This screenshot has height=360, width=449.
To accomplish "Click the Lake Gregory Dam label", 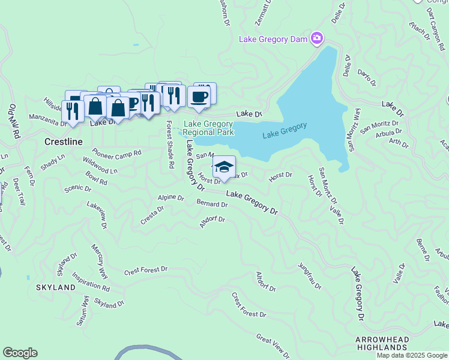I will [x=273, y=40].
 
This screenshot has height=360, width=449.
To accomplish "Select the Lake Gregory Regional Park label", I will [x=208, y=128].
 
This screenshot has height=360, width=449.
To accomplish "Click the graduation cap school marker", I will [x=224, y=167].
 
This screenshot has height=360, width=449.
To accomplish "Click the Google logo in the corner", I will [x=20, y=353].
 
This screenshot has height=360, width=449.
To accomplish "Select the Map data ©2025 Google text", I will [x=412, y=355].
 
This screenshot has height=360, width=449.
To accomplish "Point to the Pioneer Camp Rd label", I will [x=117, y=153].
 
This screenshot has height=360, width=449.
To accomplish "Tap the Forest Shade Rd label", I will [x=170, y=144].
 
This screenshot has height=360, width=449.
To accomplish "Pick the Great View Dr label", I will [x=273, y=346].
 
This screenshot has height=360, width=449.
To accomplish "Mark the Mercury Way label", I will [x=100, y=261].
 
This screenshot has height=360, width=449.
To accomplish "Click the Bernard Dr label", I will [x=212, y=204].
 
